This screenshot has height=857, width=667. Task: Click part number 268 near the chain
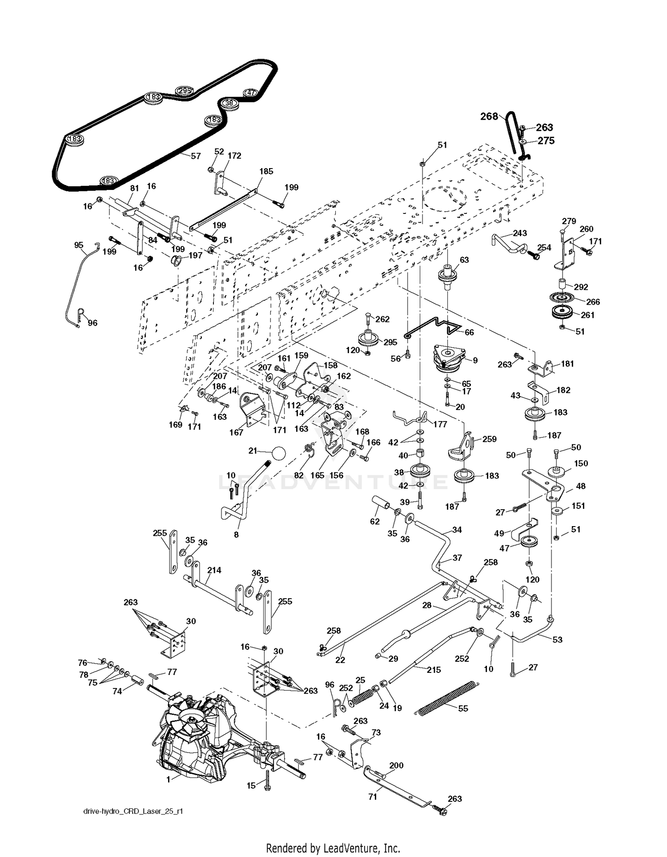point(489,116)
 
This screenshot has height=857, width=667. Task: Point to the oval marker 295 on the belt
point(185,91)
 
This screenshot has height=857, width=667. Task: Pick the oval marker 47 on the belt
point(251,93)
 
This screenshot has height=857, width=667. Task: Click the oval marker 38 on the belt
point(229,103)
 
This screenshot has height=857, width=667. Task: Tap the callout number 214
point(214,570)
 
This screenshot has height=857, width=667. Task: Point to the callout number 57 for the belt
point(196,156)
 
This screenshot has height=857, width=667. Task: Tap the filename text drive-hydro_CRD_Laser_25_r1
point(133,811)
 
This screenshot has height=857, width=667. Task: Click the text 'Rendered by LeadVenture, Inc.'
point(333,848)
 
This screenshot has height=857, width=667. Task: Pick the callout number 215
point(434,670)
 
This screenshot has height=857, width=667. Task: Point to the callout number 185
point(266,171)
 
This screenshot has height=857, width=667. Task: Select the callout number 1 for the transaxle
point(169,779)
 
